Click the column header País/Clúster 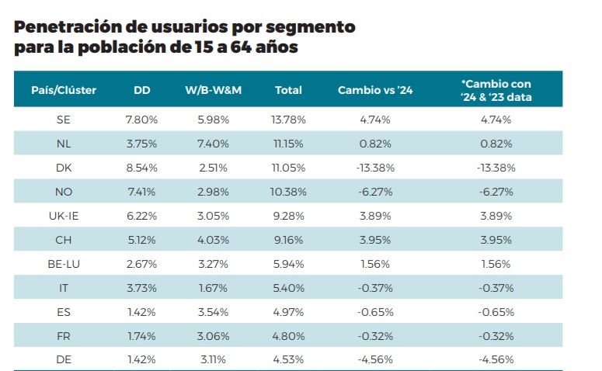tap(64, 90)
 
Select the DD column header tap(141, 90)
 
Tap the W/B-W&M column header tap(214, 90)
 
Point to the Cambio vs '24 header tap(375, 90)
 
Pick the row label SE tap(64, 120)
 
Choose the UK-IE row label tap(64, 216)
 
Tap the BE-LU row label tap(64, 264)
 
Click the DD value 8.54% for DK tap(141, 168)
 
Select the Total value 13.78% tap(288, 120)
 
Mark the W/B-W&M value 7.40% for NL tap(214, 144)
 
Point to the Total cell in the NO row tap(288, 192)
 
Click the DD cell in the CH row tap(141, 240)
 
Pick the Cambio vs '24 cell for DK tap(375, 168)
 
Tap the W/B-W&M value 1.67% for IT tap(214, 288)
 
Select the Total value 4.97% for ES tap(288, 312)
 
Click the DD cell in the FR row tap(141, 336)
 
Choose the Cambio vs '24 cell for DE tap(375, 360)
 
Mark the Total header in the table tap(288, 90)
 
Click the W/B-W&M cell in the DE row tap(214, 360)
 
